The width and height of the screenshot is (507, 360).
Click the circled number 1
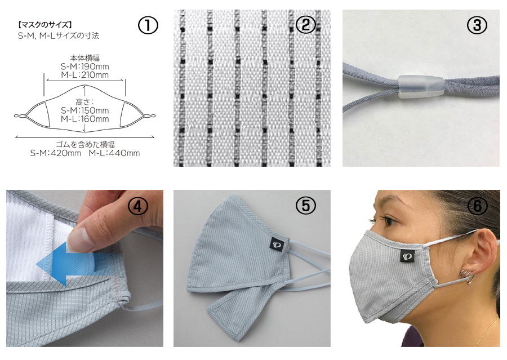pyautogui.click(x=148, y=25)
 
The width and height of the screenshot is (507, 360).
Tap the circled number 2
pyautogui.click(x=306, y=25)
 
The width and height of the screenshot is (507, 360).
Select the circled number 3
pyautogui.click(x=477, y=25)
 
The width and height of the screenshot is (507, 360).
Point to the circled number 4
pyautogui.click(x=138, y=206)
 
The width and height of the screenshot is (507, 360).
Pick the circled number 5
pyautogui.click(x=306, y=206)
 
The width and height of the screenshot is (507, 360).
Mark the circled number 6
pyautogui.click(x=477, y=206)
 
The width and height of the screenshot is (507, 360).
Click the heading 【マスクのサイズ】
pyautogui.click(x=45, y=25)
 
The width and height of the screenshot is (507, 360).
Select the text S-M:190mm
pyautogui.click(x=84, y=66)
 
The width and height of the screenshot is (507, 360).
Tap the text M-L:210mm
pyautogui.click(x=84, y=75)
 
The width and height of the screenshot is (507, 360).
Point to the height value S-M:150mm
pyautogui.click(x=84, y=110)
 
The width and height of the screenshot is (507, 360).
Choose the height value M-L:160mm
pyautogui.click(x=84, y=119)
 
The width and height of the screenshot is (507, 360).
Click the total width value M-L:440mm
pyautogui.click(x=114, y=153)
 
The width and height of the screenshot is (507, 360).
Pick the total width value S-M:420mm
pyautogui.click(x=56, y=153)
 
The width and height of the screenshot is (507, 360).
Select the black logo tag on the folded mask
pyautogui.click(x=277, y=244)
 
